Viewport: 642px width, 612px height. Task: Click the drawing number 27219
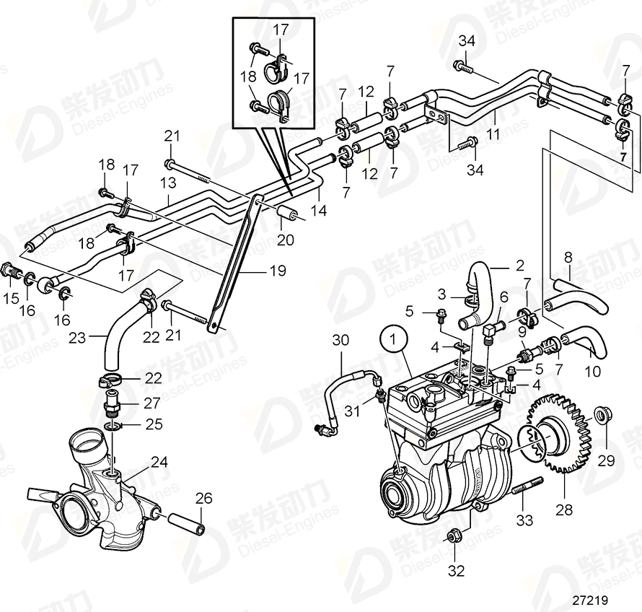click(590, 600)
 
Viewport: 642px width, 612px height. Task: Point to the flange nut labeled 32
click(454, 535)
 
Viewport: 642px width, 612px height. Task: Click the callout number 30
click(341, 340)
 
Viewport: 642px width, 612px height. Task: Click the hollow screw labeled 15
click(10, 272)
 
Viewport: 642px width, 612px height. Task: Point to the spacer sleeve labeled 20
click(287, 215)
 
